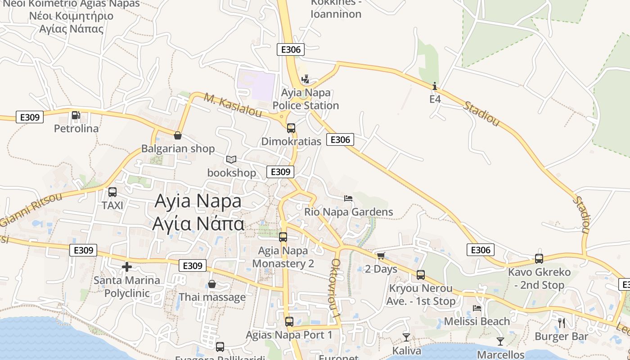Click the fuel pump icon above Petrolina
76,116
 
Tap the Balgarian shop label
178,148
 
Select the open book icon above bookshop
231,160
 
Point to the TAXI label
112,205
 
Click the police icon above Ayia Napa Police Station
306,80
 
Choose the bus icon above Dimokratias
291,128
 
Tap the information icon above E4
435,86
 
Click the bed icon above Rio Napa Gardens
348,198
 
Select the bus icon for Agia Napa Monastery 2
283,237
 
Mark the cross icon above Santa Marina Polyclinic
127,267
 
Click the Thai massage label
212,297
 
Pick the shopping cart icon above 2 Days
381,256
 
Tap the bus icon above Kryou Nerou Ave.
421,275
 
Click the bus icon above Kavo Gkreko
539,259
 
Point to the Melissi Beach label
477,321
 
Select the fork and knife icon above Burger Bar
562,323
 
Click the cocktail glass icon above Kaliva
406,337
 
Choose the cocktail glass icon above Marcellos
500,342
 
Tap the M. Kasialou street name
233,105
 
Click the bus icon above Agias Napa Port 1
289,322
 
